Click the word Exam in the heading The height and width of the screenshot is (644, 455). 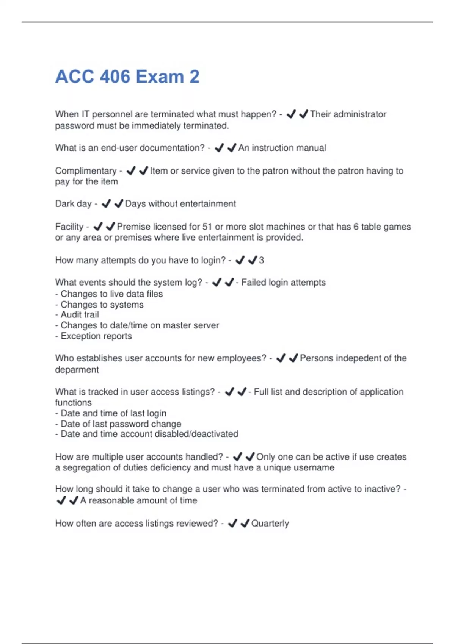(x=160, y=77)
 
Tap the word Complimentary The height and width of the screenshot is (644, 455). (x=86, y=171)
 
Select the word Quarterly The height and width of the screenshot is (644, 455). (x=270, y=524)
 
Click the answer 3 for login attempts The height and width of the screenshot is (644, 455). (x=261, y=260)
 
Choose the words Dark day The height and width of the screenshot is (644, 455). (x=73, y=204)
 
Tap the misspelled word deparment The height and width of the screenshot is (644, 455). (x=77, y=370)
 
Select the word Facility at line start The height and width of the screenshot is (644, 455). (x=69, y=227)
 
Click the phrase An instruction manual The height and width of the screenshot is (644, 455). (x=282, y=148)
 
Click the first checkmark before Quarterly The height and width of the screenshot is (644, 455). (x=232, y=524)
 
